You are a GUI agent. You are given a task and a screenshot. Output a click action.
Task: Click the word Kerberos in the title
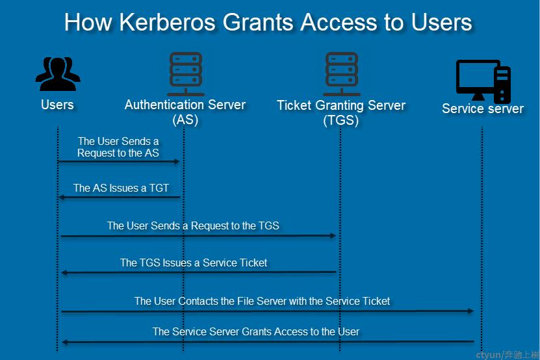[x=168, y=22]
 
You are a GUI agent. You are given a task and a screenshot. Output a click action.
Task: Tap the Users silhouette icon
[x=58, y=73]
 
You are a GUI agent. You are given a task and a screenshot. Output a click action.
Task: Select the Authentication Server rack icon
[x=186, y=74]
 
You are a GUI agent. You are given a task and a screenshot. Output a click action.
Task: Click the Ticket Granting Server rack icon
[x=342, y=74]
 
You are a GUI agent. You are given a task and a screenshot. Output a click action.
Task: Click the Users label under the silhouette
[x=57, y=105]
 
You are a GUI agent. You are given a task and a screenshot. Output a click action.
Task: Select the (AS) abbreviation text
[x=185, y=120]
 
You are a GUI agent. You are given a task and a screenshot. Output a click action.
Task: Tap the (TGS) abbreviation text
[x=341, y=120]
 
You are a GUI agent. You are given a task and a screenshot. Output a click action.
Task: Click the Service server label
[x=483, y=109]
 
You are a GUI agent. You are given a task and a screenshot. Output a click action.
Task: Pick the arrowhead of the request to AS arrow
[x=177, y=161]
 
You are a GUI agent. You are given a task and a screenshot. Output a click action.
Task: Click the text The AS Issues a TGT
[x=121, y=188]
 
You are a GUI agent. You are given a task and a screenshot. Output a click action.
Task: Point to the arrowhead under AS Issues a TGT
[x=62, y=197]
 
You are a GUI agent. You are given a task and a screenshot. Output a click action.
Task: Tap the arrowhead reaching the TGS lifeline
[x=333, y=236]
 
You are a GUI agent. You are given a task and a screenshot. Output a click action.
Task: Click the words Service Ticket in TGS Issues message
[x=235, y=263]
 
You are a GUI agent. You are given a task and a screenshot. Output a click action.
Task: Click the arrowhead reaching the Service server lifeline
[x=470, y=311]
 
